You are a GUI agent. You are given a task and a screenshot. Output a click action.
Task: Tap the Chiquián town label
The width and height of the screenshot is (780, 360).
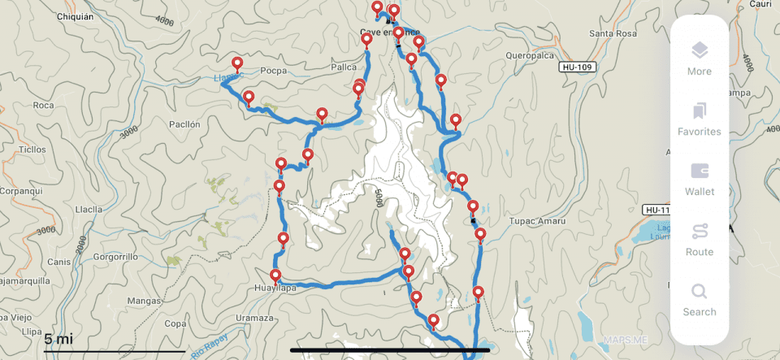78,15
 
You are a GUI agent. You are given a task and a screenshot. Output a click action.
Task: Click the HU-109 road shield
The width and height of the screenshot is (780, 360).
578,66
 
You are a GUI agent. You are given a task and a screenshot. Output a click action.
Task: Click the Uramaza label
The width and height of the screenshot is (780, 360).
253,318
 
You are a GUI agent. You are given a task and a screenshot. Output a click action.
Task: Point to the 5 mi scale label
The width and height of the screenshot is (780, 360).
58,338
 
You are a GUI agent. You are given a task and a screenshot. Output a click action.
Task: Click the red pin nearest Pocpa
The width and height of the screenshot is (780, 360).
237,63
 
